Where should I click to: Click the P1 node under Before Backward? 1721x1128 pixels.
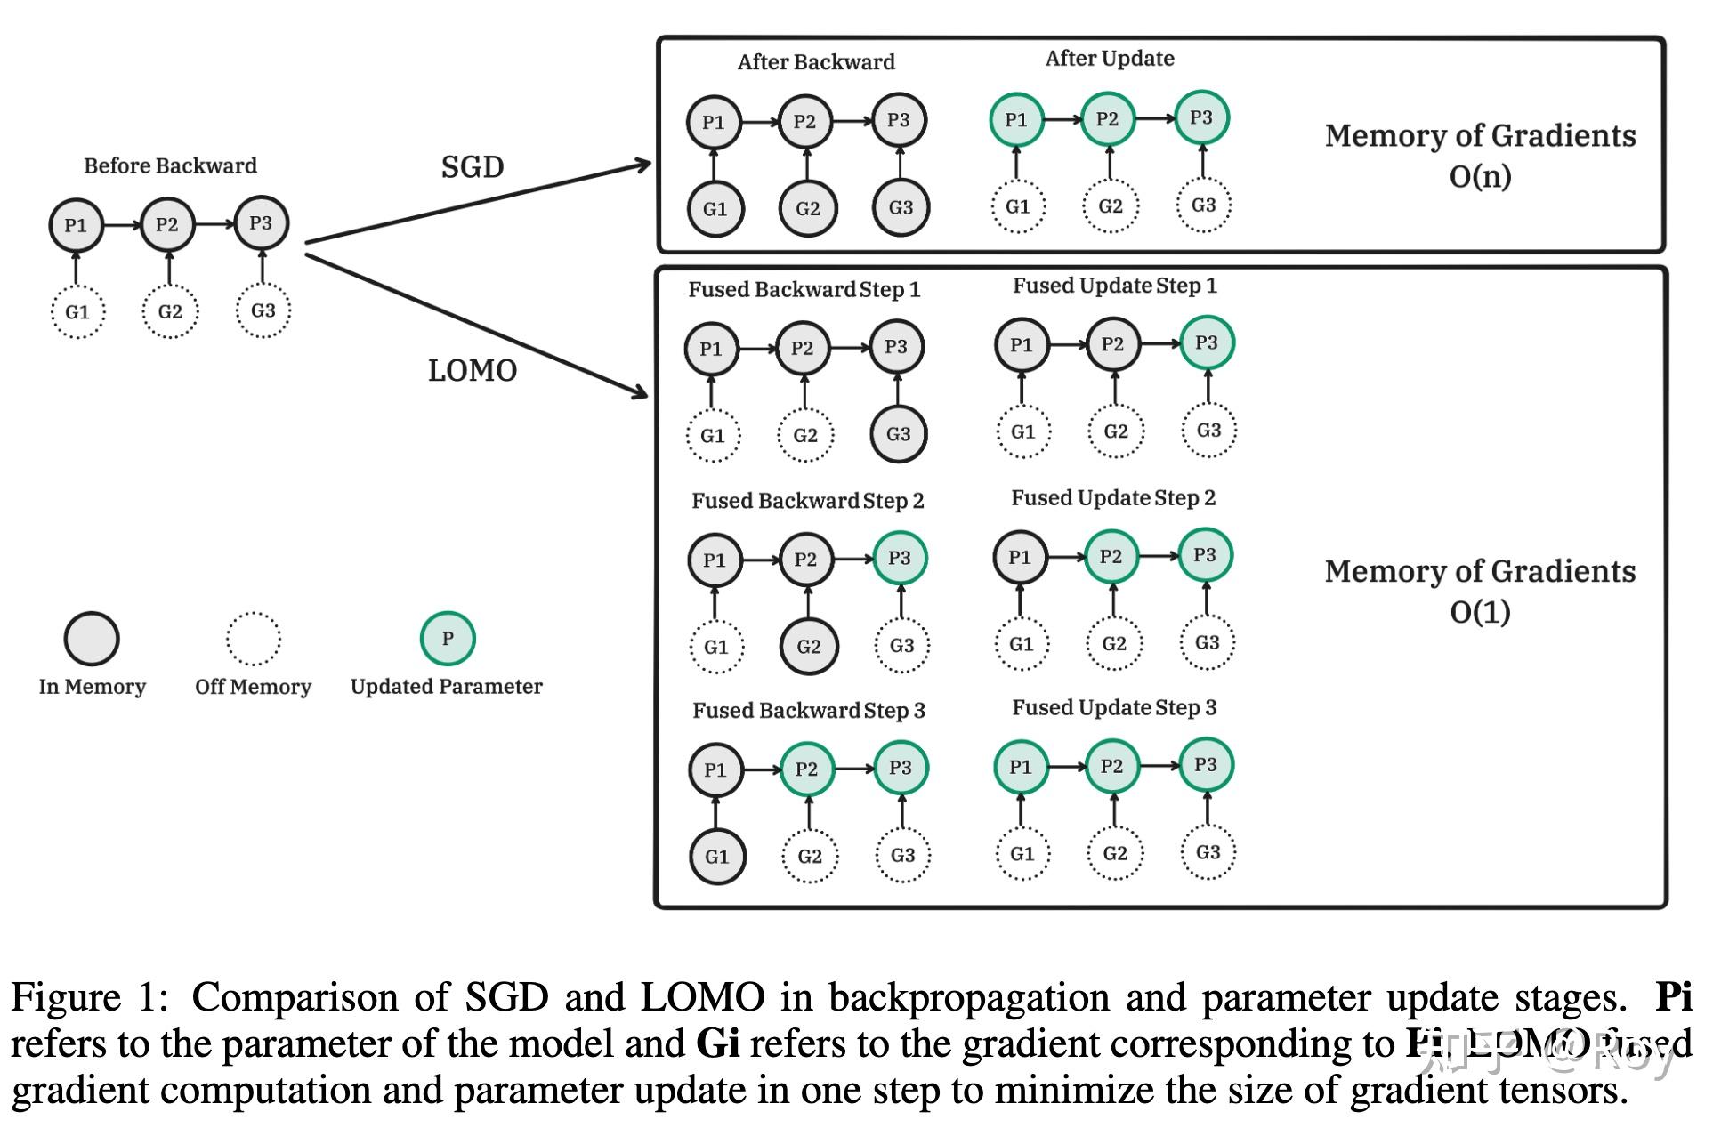76,225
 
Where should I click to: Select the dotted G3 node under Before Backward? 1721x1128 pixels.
263,310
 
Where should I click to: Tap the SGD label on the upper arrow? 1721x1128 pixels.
472,166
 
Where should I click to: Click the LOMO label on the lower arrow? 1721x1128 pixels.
472,370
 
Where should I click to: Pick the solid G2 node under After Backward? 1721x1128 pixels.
807,208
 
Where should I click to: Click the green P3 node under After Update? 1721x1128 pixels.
1201,117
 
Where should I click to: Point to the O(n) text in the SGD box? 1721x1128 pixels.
1480,176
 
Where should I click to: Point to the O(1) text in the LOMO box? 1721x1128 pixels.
1480,612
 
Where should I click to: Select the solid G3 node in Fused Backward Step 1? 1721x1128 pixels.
898,434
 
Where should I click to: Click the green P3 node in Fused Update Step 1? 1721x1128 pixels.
1207,342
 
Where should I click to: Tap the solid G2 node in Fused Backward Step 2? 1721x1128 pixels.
808,646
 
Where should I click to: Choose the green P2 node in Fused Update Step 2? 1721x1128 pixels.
1111,556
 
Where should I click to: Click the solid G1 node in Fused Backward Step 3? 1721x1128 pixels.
716,857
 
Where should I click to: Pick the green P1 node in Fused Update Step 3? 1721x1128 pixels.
1021,766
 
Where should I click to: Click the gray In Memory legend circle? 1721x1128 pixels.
92,639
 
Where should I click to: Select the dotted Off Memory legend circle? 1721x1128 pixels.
253,639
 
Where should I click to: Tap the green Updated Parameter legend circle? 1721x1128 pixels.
448,639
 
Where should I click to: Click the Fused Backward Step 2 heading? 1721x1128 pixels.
807,501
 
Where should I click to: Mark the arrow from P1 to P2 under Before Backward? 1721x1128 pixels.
122,225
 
